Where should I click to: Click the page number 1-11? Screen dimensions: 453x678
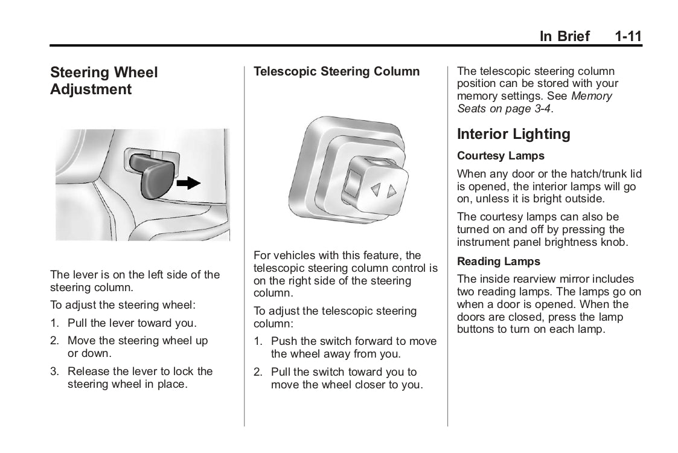628,36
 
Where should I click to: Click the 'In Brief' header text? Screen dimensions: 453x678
564,36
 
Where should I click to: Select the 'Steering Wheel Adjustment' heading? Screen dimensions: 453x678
104,81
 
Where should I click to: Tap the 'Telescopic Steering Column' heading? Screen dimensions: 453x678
336,72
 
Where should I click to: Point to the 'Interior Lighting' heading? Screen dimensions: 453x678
513,134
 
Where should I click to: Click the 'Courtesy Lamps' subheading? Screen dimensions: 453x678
501,156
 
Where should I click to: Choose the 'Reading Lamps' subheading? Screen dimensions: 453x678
499,262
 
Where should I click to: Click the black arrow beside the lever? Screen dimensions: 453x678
191,183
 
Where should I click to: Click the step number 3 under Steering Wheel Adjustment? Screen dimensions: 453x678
54,371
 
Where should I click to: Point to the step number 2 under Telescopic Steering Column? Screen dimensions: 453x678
257,372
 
